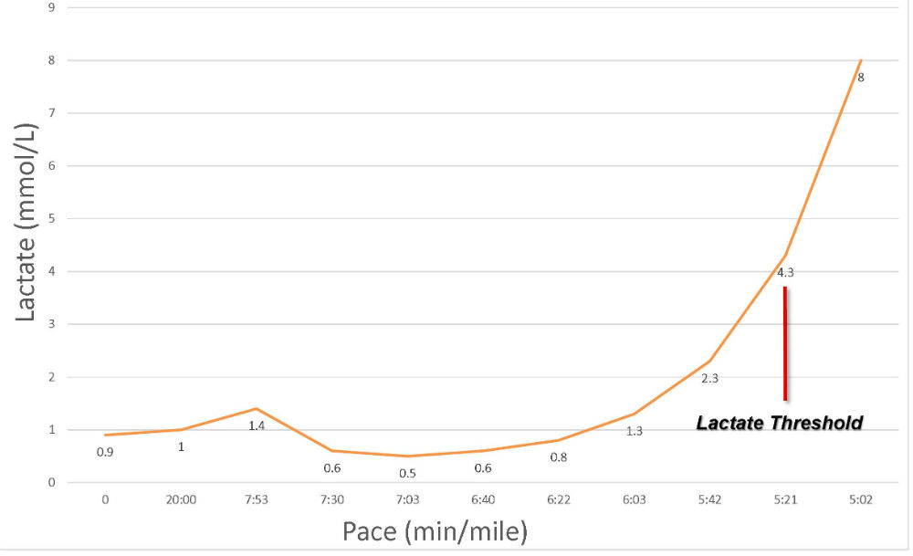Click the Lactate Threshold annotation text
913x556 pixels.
pyautogui.click(x=780, y=424)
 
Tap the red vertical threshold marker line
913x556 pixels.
pyautogui.click(x=785, y=343)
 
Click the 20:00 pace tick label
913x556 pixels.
pyautogui.click(x=181, y=500)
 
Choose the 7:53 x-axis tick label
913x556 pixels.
pyautogui.click(x=257, y=500)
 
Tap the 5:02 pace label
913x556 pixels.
pyautogui.click(x=860, y=500)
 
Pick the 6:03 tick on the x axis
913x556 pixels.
pyautogui.click(x=634, y=500)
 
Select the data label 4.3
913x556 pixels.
pyautogui.click(x=786, y=272)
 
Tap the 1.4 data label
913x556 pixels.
pyautogui.click(x=257, y=425)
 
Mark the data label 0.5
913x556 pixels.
pyautogui.click(x=408, y=473)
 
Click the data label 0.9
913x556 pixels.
pyautogui.click(x=106, y=451)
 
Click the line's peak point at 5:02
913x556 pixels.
pyautogui.click(x=860, y=60)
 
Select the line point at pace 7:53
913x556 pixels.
pyautogui.click(x=257, y=408)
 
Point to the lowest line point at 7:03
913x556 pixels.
pyautogui.click(x=407, y=456)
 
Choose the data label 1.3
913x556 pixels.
pyautogui.click(x=635, y=431)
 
